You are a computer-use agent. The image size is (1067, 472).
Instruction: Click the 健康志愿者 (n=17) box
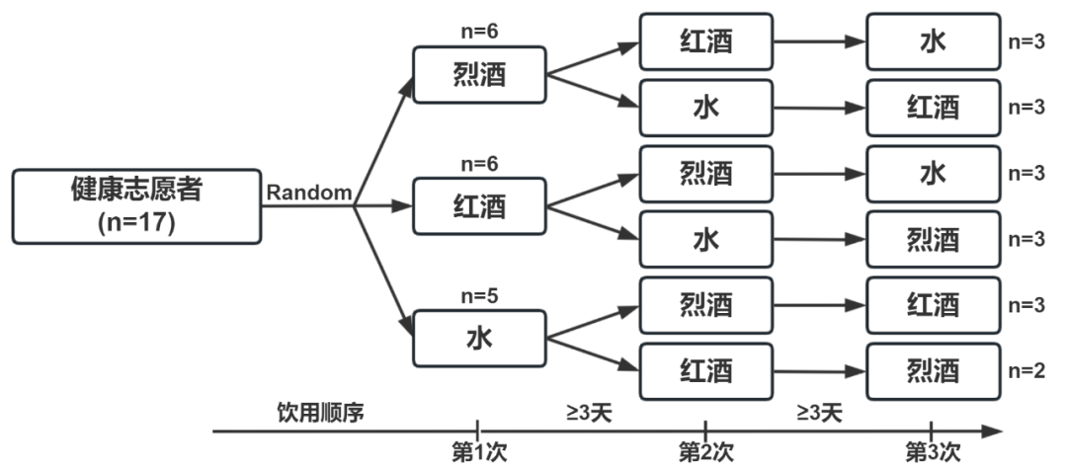click(x=136, y=205)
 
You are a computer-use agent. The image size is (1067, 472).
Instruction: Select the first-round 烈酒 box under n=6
click(x=478, y=75)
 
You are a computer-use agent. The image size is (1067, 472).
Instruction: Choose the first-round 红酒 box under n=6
click(x=478, y=206)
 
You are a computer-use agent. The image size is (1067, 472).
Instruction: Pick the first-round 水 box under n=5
click(x=478, y=338)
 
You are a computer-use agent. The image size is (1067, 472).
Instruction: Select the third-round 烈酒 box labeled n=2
click(x=933, y=371)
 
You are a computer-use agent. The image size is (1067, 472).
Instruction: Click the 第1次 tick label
click(x=479, y=453)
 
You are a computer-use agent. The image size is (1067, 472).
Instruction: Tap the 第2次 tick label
click(x=705, y=453)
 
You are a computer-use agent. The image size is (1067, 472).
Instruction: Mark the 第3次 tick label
click(x=933, y=453)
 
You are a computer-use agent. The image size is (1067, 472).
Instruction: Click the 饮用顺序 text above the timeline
click(x=320, y=412)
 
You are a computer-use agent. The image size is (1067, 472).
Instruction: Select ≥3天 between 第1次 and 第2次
click(x=589, y=412)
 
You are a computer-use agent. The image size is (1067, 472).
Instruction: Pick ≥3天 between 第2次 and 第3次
click(x=820, y=412)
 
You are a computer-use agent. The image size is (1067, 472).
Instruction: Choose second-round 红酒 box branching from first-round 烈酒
click(x=705, y=42)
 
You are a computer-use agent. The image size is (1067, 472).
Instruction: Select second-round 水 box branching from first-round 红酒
click(x=705, y=239)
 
